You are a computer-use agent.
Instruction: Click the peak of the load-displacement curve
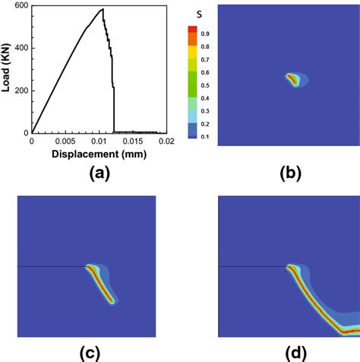(x=103, y=9)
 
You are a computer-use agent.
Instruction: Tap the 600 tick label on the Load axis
(x=21, y=6)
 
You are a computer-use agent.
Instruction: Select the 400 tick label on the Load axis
(x=21, y=48)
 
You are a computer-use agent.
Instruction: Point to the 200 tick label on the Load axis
(x=21, y=90)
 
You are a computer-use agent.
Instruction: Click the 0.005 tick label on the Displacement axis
(x=66, y=141)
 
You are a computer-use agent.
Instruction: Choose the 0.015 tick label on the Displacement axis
(x=134, y=141)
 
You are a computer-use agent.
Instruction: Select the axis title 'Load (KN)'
(x=6, y=70)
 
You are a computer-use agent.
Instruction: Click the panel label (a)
(x=99, y=174)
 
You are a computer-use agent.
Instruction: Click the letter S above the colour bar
(x=196, y=14)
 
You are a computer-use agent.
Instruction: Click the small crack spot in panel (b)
(x=292, y=79)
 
